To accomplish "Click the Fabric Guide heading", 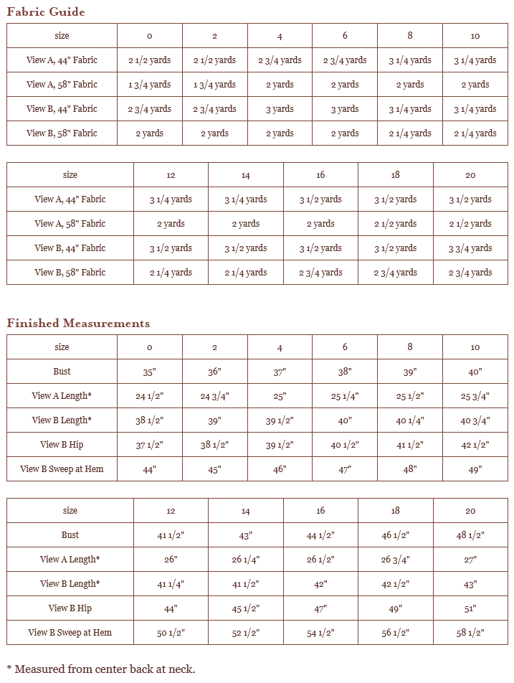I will coord(46,11).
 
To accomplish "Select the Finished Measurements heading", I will coord(78,323).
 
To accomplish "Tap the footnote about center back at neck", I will coord(100,669).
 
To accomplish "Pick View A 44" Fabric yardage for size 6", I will coord(345,60).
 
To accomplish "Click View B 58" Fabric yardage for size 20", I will coord(470,273).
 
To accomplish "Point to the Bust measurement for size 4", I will coord(280,372).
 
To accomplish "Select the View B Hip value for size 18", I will coord(396,608).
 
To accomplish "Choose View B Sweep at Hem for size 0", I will coord(150,469).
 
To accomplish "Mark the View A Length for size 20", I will coord(470,560).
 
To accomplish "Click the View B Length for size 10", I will coord(475,420).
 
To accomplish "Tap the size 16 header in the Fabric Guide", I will coord(320,175).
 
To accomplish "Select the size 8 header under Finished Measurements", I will coord(410,347).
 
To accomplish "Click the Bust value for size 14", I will coord(246,535).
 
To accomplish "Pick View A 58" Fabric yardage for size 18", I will coord(396,224).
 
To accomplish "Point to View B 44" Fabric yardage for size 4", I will coord(280,109).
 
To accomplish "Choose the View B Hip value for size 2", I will coord(215,445).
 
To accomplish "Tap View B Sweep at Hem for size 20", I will coord(470,633).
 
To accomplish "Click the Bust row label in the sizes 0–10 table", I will coord(62,372).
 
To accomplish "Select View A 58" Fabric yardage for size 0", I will coord(150,85).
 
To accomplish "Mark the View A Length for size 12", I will coord(171,560).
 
